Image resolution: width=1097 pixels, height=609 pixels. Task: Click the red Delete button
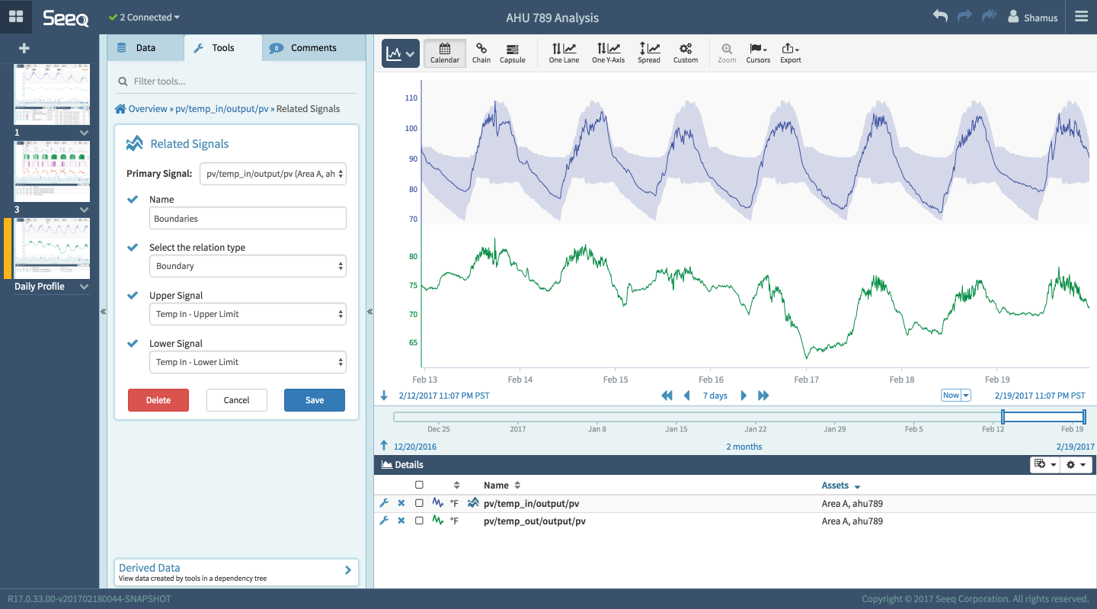click(x=158, y=400)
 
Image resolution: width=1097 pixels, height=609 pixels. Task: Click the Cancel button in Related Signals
click(x=236, y=400)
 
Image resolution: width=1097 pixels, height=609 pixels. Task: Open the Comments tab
click(x=313, y=47)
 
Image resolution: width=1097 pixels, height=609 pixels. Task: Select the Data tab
click(x=145, y=47)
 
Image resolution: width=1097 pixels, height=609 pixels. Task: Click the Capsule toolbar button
click(x=512, y=53)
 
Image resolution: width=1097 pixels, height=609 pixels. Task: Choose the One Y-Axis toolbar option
click(x=608, y=53)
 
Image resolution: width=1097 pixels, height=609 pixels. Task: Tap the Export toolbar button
click(x=790, y=53)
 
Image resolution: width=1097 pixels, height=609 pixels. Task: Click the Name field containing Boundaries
click(x=248, y=219)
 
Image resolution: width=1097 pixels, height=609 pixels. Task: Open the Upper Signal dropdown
click(x=248, y=314)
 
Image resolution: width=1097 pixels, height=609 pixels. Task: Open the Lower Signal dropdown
click(x=248, y=362)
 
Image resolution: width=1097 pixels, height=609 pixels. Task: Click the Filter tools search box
click(x=236, y=82)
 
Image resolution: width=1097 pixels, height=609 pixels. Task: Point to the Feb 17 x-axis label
click(x=806, y=380)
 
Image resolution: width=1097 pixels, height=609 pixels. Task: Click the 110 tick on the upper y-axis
click(x=411, y=98)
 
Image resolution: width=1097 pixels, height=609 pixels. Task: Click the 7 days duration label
click(x=715, y=396)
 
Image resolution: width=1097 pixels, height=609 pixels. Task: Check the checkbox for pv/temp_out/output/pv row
click(x=419, y=521)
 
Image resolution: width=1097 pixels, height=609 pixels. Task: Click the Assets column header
click(x=835, y=486)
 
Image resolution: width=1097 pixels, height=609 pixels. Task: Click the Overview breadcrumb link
click(x=147, y=109)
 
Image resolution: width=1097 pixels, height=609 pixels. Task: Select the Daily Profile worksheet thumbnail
click(x=52, y=248)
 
